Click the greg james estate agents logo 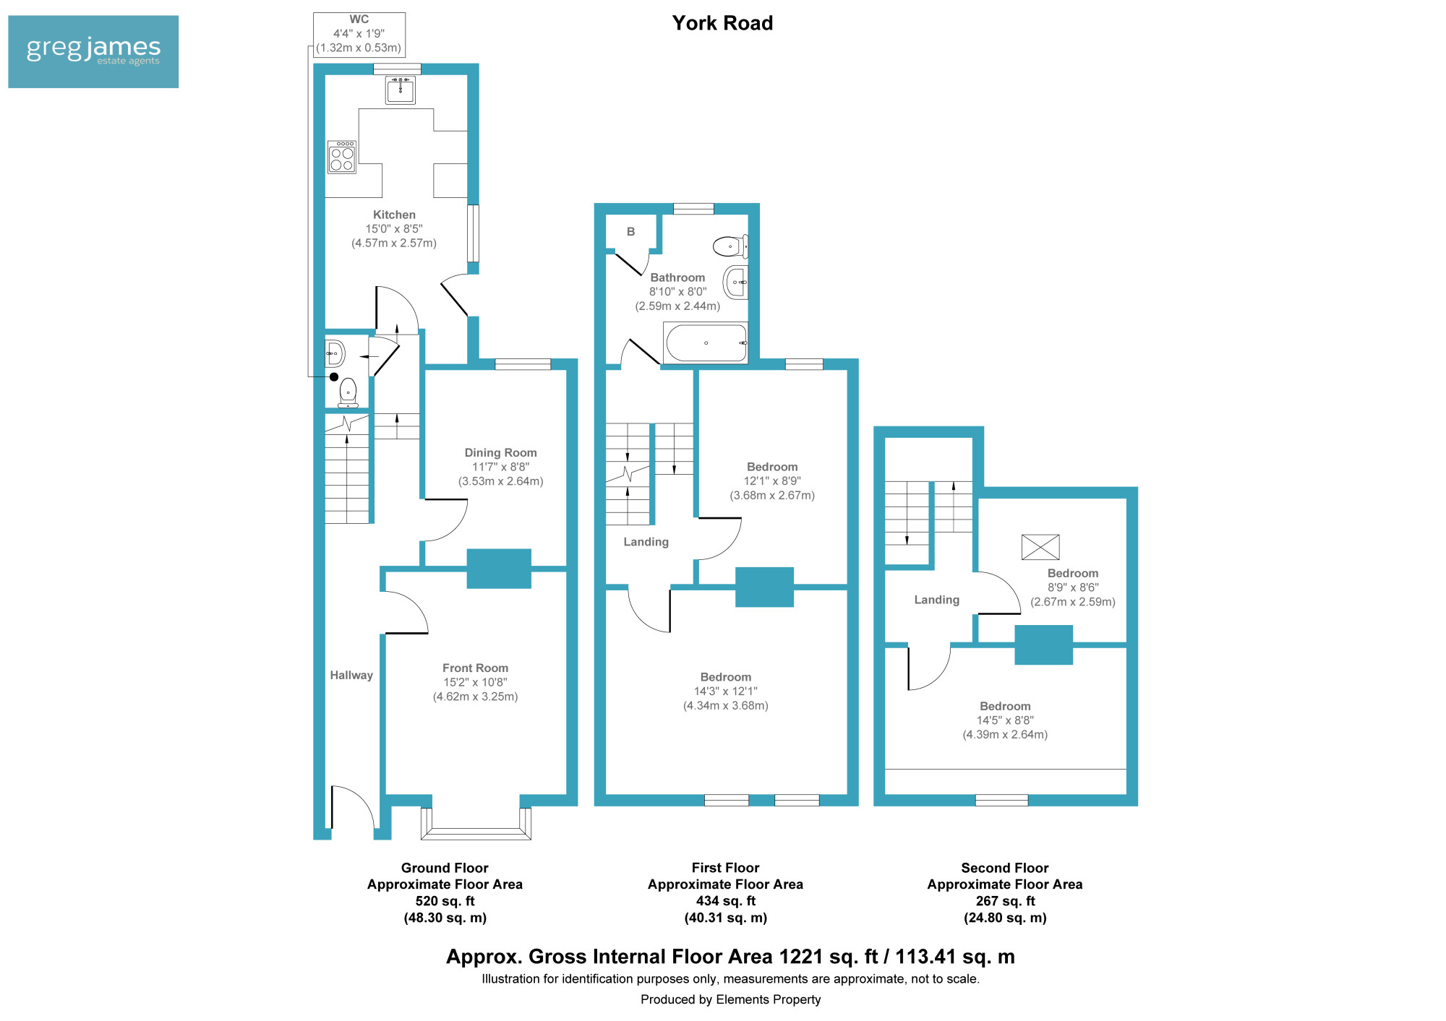93,52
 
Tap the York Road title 722,23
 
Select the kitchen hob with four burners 342,157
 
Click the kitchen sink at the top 400,90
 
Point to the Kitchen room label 394,215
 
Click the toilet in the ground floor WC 348,392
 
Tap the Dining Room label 500,452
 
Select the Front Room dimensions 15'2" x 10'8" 475,682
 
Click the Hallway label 351,675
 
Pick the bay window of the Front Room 476,824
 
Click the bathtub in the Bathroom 706,343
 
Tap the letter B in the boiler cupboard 630,232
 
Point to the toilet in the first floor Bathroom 730,246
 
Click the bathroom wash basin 735,282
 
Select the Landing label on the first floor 646,542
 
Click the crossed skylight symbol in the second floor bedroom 1040,547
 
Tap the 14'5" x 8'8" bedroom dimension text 1005,720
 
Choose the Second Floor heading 1004,868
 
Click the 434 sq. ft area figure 725,901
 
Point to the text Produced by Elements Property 730,999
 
